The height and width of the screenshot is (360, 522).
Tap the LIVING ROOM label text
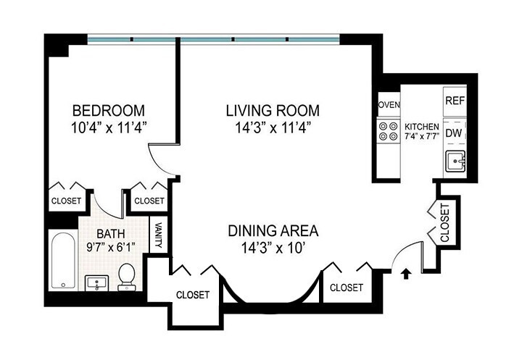pos(272,111)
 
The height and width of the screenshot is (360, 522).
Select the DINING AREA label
pos(273,231)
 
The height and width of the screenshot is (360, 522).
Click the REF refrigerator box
pos(455,100)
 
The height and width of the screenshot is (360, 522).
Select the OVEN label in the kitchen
pos(389,105)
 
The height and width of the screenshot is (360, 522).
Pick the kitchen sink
pos(455,162)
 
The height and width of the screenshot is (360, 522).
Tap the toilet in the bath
pos(128,276)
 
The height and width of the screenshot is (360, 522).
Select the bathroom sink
pos(97,282)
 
